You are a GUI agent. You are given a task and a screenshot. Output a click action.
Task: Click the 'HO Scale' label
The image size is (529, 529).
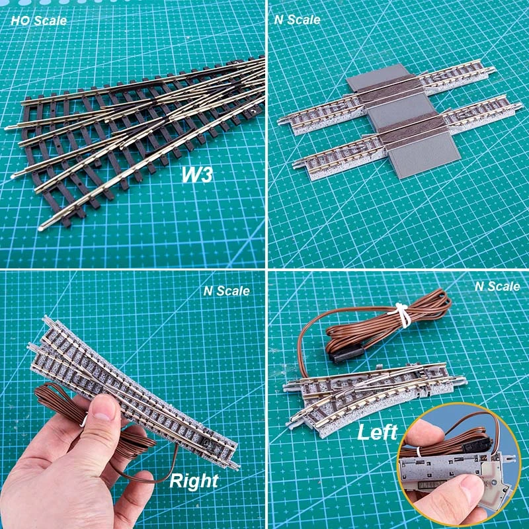(38, 20)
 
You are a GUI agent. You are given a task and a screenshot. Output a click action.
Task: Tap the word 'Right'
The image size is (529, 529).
(194, 481)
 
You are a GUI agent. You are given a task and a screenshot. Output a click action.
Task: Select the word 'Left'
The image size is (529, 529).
(377, 434)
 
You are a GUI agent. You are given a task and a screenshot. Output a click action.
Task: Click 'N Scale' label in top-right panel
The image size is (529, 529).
(297, 20)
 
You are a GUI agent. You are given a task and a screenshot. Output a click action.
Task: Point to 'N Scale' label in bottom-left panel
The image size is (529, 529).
(227, 290)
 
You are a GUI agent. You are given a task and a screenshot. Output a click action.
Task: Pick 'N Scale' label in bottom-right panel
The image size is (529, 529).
(497, 286)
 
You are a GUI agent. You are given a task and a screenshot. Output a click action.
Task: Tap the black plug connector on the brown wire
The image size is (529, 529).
(342, 356)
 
